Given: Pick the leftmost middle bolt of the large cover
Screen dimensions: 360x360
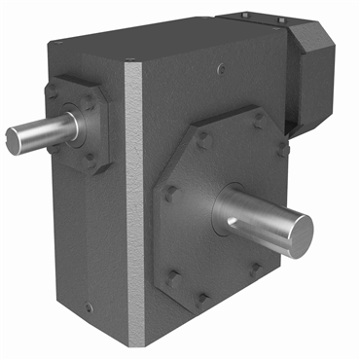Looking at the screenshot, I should click(169, 194).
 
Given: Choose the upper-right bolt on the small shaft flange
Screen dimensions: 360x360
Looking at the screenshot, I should click(100, 93).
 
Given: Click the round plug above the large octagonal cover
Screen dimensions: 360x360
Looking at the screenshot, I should click(223, 67).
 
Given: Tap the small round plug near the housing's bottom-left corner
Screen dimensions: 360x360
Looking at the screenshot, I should click(90, 308).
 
